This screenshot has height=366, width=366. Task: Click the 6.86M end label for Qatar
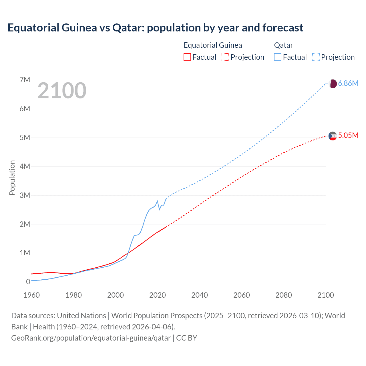(348, 83)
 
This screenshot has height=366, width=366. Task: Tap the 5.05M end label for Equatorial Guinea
(348, 135)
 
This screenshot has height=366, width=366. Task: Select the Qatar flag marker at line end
(333, 84)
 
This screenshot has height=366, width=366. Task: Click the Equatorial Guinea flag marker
(333, 136)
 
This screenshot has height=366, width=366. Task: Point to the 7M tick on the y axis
(25, 80)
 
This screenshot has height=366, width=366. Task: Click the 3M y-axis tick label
(25, 195)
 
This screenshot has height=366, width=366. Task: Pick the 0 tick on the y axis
(28, 282)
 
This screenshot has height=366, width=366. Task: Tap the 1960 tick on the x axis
(31, 295)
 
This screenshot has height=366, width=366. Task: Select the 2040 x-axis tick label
(200, 295)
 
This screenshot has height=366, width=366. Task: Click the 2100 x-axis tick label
(325, 295)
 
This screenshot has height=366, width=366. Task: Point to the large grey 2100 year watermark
(62, 91)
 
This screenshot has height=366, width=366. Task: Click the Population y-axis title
(12, 178)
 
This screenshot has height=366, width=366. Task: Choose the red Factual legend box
(187, 57)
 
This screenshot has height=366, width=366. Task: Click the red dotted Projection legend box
(225, 57)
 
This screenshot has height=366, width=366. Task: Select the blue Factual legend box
(278, 57)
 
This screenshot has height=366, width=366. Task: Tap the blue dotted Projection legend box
(316, 57)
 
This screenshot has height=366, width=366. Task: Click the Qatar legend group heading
(283, 45)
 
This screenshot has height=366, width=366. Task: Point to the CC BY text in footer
(187, 338)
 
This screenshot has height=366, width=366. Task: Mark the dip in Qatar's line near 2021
(160, 209)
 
